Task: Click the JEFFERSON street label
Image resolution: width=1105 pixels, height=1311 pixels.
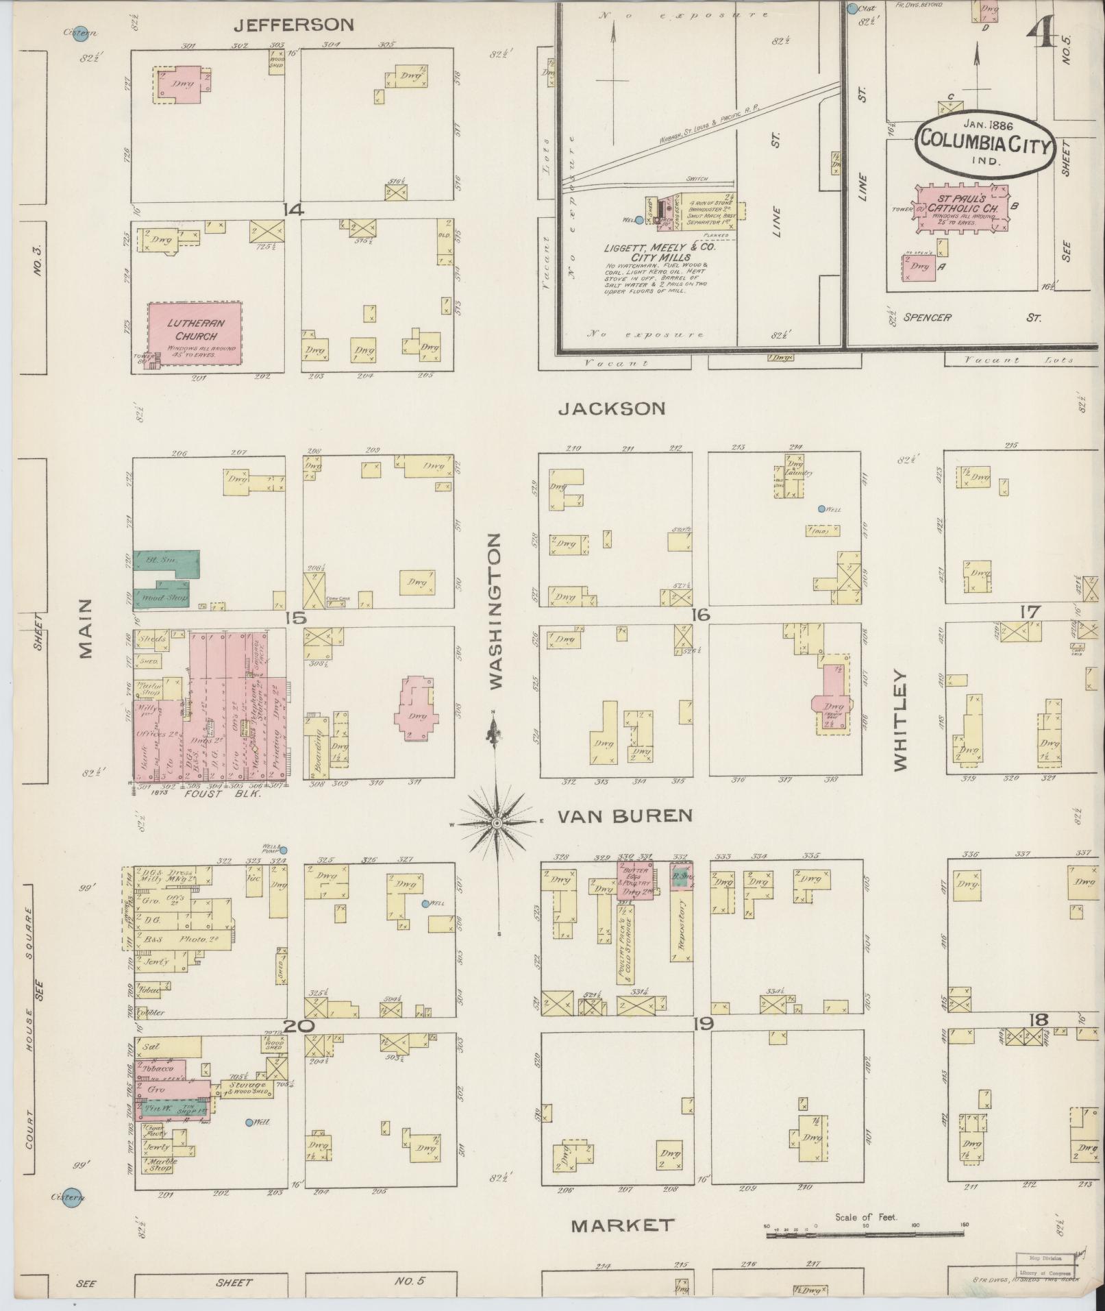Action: [294, 25]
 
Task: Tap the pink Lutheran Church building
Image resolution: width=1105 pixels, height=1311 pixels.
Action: [195, 331]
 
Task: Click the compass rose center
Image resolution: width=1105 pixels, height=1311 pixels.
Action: [496, 822]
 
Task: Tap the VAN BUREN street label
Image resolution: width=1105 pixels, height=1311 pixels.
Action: [624, 816]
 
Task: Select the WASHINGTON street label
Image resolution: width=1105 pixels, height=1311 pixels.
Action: [495, 611]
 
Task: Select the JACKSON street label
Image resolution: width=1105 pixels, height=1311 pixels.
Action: [612, 408]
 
